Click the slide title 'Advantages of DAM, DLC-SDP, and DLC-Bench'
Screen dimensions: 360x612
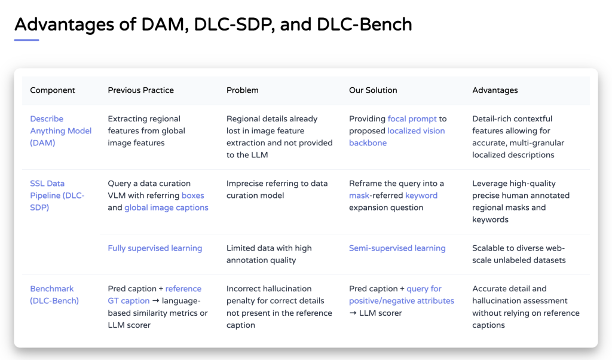coord(213,24)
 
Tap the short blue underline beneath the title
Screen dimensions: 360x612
coord(26,40)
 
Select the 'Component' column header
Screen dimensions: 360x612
coord(53,90)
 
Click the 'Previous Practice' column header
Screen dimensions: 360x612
coord(140,90)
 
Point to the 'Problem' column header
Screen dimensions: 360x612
coord(242,90)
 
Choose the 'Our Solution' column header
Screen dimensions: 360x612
coord(373,90)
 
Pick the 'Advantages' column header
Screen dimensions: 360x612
coord(495,90)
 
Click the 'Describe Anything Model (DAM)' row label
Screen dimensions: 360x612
coord(60,131)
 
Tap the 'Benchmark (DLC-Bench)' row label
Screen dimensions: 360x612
coord(54,295)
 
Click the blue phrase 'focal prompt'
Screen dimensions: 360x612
coord(412,119)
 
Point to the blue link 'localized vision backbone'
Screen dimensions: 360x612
coord(397,137)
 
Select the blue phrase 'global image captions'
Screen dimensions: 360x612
coord(166,208)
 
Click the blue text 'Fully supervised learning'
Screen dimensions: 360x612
coord(155,248)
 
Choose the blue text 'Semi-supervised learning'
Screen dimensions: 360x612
coord(397,248)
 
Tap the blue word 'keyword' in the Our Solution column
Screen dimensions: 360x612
coord(421,196)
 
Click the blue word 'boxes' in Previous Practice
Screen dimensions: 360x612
coord(192,196)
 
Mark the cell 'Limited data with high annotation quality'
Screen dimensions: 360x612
coord(269,254)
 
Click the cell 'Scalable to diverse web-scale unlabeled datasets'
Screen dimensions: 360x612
coord(518,254)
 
